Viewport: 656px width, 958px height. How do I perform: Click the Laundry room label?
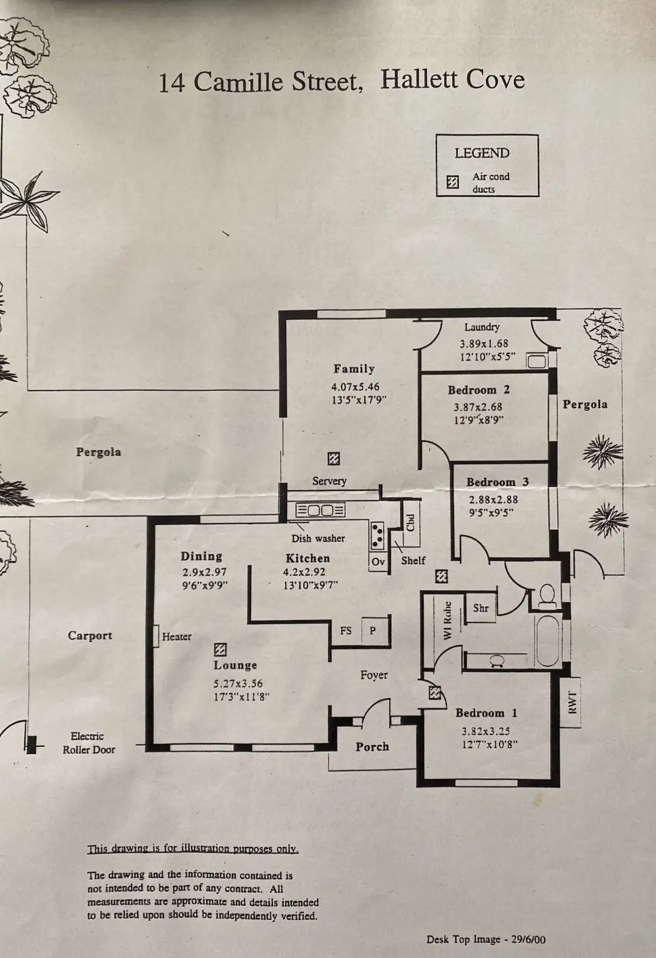pos(482,327)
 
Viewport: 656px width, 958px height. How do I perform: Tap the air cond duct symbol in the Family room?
pos(334,459)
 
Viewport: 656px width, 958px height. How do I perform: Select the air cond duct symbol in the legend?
pos(453,183)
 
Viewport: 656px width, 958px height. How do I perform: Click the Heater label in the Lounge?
pos(177,636)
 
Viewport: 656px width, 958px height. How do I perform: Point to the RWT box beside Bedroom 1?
pos(570,703)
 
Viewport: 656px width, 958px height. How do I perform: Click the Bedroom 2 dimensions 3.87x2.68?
pos(478,406)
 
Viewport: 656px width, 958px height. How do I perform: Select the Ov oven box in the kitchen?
pos(378,562)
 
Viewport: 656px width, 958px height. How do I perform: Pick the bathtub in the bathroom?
pos(548,640)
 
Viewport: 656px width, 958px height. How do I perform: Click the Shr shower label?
pos(481,608)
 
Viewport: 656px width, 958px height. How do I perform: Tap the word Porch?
pos(372,747)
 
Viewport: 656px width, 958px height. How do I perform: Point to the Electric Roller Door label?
pos(89,743)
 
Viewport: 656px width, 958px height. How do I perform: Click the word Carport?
pos(90,635)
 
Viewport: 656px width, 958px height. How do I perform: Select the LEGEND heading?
pos(482,153)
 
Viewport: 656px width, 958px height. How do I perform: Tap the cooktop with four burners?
pos(377,536)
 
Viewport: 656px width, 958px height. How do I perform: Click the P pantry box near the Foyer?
pos(373,630)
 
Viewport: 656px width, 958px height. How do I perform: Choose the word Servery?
pos(330,481)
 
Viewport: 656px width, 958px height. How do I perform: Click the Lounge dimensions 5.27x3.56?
pos(238,683)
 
